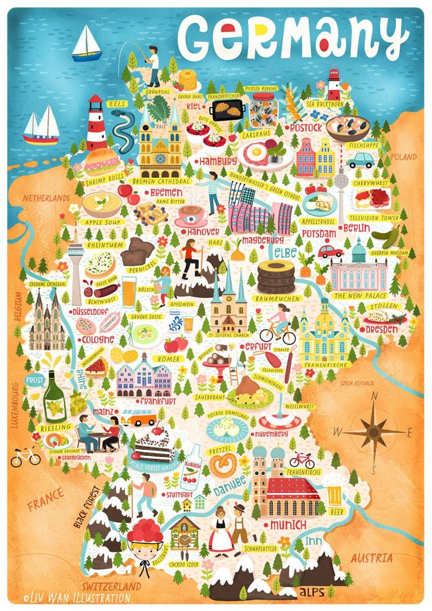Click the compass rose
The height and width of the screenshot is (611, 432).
click(x=373, y=431)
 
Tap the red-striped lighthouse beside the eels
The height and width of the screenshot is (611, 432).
click(x=96, y=123)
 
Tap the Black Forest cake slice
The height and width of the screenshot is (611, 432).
click(x=152, y=446)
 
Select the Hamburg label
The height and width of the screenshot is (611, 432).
click(x=215, y=162)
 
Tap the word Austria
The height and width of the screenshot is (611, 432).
click(x=371, y=558)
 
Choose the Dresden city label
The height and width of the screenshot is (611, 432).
click(x=382, y=329)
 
